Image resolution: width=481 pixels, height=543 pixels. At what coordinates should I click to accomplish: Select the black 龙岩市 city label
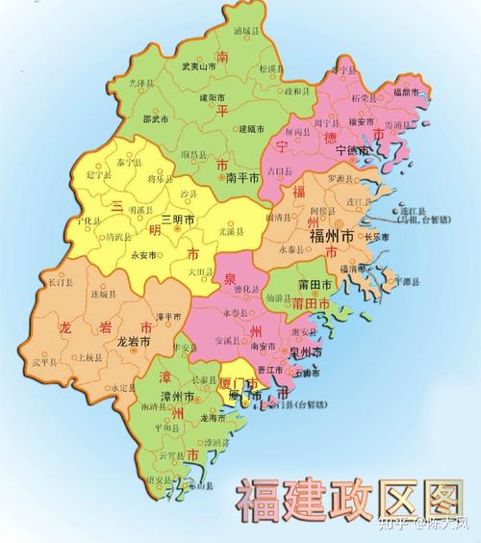point(134,341)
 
